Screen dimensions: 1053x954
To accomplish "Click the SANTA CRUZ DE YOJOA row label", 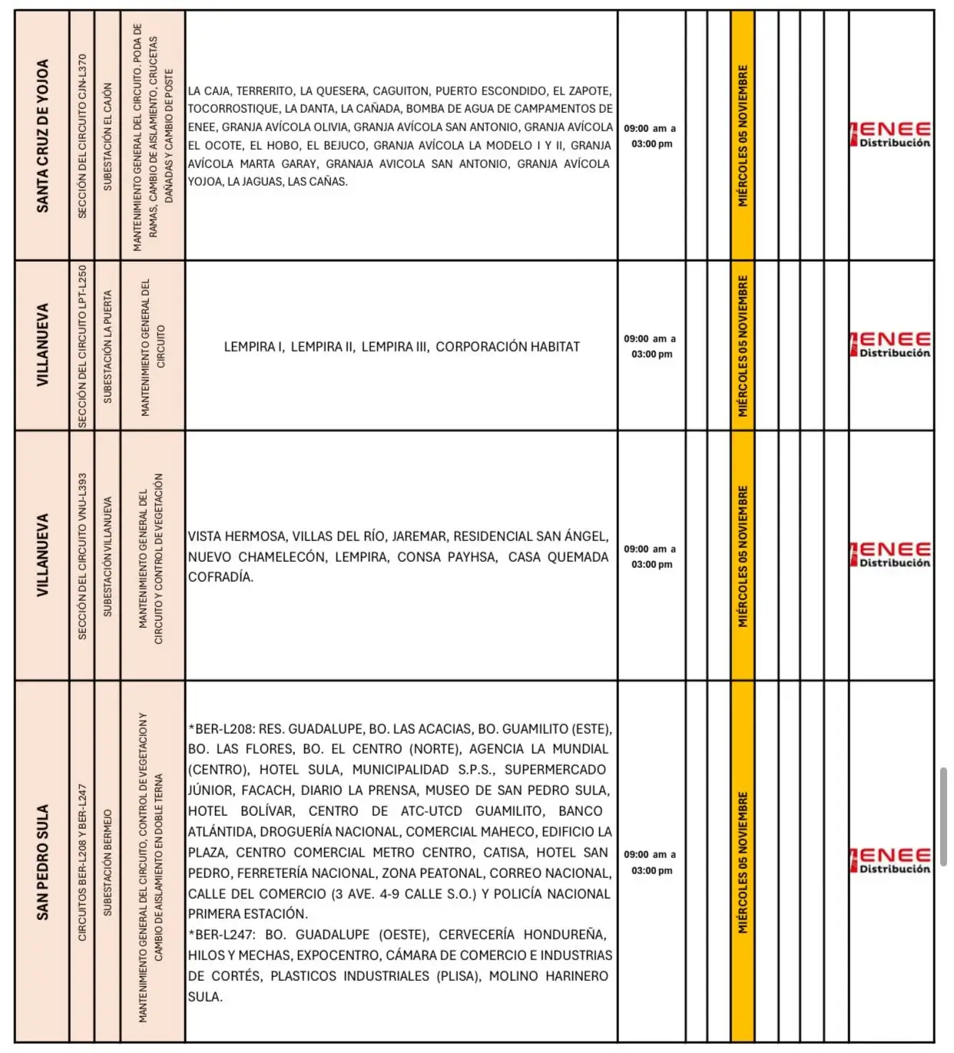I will (x=43, y=136).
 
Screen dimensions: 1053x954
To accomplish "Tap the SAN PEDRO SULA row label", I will (x=43, y=862).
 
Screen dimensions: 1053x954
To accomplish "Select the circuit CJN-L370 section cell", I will (x=82, y=136).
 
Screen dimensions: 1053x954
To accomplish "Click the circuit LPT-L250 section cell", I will (x=82, y=346).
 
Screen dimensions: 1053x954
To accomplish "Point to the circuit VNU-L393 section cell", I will (x=82, y=556).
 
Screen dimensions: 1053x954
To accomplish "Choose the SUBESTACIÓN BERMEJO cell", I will (x=108, y=862).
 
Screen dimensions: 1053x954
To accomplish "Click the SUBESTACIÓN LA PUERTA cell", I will (x=108, y=346).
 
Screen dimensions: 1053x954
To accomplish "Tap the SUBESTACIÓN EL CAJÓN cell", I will (x=108, y=136).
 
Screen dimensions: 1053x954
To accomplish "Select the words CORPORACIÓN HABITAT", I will (x=508, y=347).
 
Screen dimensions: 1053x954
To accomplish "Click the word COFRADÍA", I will (x=220, y=577).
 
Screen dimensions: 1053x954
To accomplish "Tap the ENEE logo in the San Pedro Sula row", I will (x=891, y=860).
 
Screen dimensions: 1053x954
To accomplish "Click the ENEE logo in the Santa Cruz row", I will (x=891, y=134).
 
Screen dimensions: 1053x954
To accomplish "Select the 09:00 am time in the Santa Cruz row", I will (x=649, y=128).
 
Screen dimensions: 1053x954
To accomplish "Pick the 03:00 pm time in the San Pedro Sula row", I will (x=651, y=870).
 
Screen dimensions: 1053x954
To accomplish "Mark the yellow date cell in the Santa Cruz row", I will (x=742, y=136).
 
